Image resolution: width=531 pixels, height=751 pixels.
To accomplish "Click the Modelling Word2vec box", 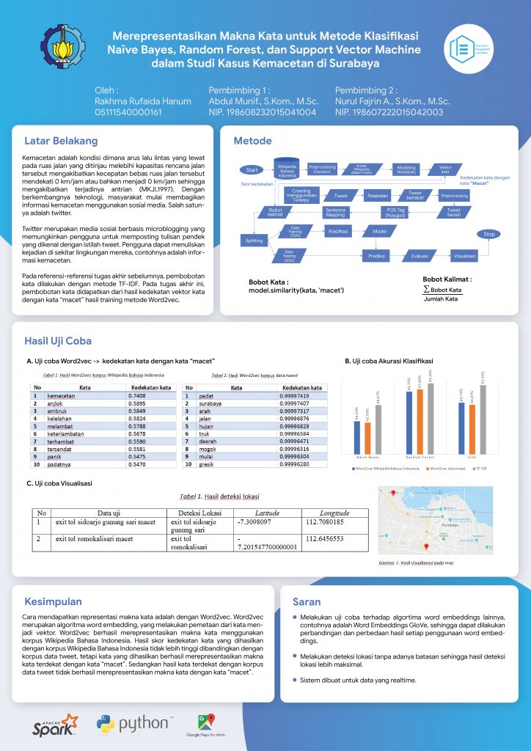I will click(x=406, y=168).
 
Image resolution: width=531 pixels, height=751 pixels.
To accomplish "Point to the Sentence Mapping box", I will click(x=335, y=212).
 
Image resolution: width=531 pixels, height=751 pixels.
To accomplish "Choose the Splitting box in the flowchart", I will click(x=254, y=240).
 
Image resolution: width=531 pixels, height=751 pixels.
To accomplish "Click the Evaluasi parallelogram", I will click(x=420, y=256).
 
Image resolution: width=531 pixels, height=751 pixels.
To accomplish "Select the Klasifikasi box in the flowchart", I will click(x=338, y=231).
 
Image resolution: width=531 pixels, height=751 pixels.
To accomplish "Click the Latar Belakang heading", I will click(x=61, y=140).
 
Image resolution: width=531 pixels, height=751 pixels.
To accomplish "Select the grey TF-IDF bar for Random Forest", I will click(x=431, y=421).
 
